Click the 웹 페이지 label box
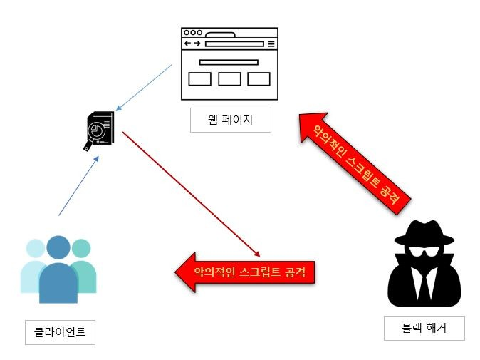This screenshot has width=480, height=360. [231, 120]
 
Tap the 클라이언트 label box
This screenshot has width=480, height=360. [60, 331]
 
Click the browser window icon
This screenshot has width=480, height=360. [229, 63]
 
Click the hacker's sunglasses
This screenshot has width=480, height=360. [423, 253]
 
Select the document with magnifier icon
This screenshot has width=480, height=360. [97, 130]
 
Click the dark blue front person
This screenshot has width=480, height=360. [59, 274]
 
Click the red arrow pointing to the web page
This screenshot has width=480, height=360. [353, 160]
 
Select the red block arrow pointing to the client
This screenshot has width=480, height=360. [246, 272]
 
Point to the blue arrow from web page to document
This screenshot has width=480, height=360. [145, 88]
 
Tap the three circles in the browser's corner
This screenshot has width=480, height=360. [192, 33]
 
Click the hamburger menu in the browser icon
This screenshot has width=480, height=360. [271, 44]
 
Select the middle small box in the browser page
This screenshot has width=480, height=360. [229, 79]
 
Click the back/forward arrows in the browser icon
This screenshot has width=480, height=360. [192, 44]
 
